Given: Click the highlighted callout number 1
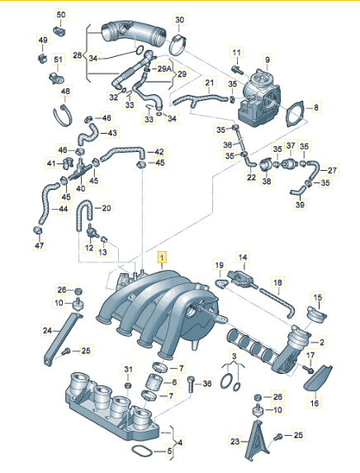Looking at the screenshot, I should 163,258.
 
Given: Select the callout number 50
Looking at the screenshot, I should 61,16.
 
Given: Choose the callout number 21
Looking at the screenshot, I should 209,83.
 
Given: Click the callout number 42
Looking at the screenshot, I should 159,152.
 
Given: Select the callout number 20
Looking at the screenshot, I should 107,208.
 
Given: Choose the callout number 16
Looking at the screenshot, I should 314,404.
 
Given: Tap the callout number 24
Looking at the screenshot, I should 25,330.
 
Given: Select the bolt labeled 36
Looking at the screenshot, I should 192,384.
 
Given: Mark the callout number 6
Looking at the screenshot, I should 174,382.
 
